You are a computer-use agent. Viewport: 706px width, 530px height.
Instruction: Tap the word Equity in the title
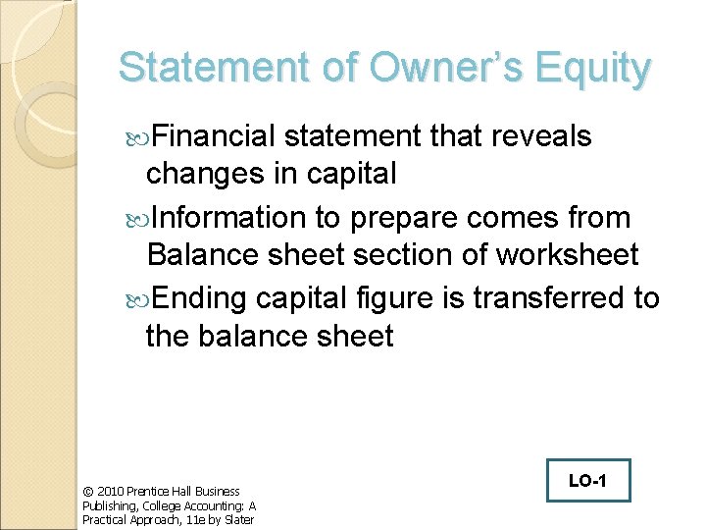point(592,70)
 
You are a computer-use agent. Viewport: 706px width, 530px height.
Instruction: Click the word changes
point(198,175)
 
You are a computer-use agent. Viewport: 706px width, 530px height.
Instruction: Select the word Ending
point(196,297)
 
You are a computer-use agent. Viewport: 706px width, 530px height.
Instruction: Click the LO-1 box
point(588,481)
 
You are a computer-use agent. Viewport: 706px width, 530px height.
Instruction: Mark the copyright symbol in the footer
point(86,491)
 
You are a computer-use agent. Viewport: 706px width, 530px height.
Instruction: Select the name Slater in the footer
point(238,519)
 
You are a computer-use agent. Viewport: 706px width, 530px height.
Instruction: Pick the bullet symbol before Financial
point(135,137)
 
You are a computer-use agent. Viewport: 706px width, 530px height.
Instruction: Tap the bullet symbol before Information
point(135,218)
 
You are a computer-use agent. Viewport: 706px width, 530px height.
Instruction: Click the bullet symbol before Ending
point(135,298)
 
